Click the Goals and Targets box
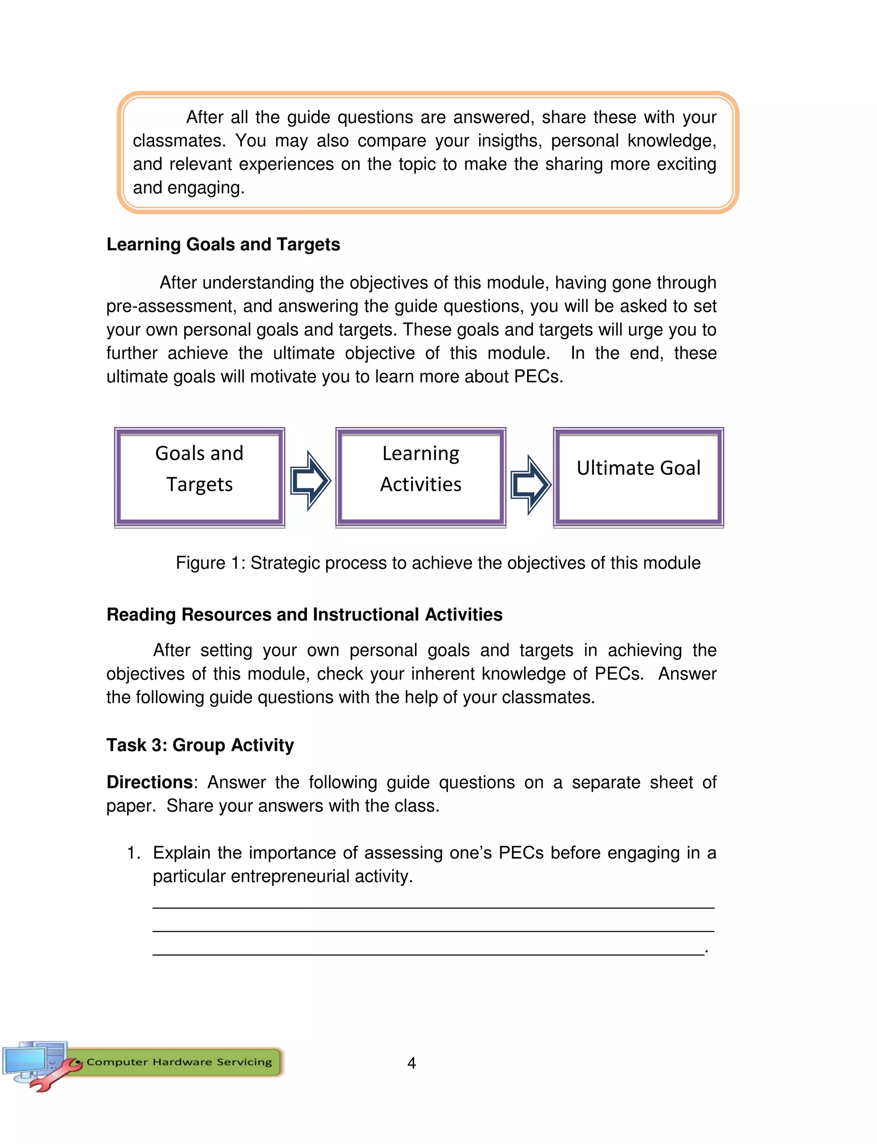[200, 476]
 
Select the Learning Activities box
[421, 476]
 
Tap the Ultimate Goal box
[638, 476]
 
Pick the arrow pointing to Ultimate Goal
[531, 484]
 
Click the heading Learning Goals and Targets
[223, 244]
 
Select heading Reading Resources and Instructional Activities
[304, 614]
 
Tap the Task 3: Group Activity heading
[200, 745]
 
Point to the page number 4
[412, 1063]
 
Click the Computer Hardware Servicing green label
[179, 1062]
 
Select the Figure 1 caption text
[438, 563]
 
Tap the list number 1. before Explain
[133, 853]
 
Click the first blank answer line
[433, 907]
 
